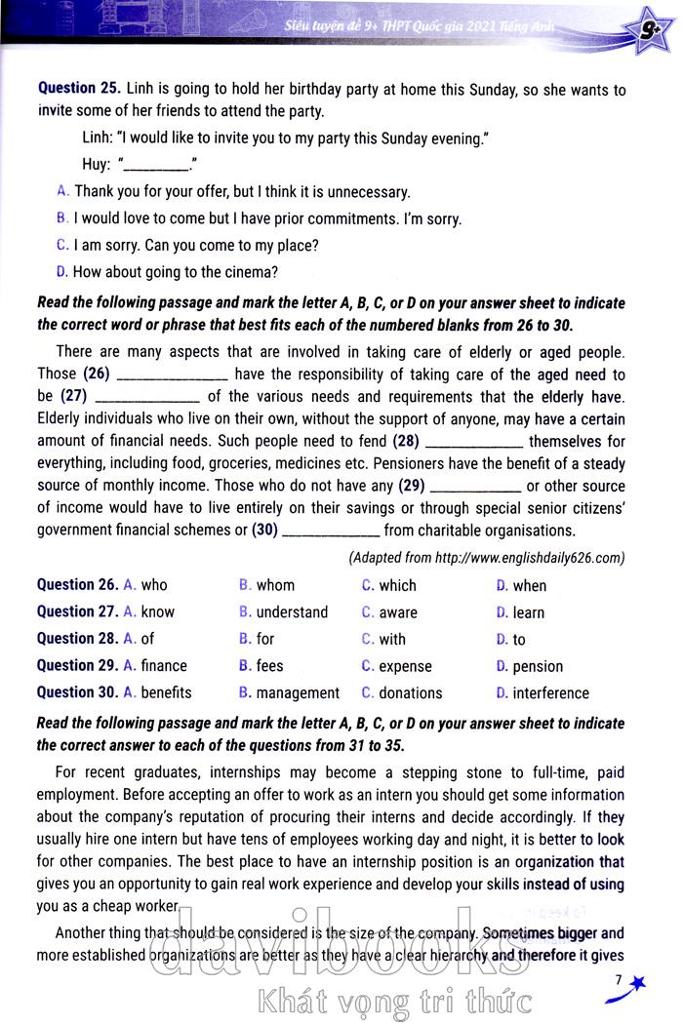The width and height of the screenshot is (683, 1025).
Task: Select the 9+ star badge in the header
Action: pyautogui.click(x=647, y=37)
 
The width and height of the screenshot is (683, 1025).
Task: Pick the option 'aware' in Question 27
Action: pyautogui.click(x=397, y=612)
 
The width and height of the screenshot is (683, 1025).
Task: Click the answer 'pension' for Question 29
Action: pyautogui.click(x=538, y=666)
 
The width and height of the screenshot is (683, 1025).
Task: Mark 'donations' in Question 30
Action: pyautogui.click(x=410, y=692)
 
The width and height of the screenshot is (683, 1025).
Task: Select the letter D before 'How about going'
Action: pyautogui.click(x=62, y=271)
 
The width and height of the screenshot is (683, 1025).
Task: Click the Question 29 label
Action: pyautogui.click(x=77, y=665)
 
